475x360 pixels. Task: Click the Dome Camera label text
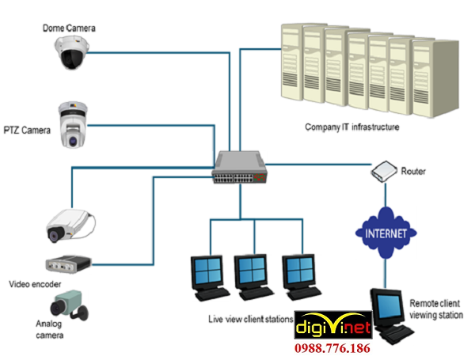(x=69, y=28)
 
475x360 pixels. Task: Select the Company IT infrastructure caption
(x=352, y=127)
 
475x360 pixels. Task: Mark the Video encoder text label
(x=36, y=282)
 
